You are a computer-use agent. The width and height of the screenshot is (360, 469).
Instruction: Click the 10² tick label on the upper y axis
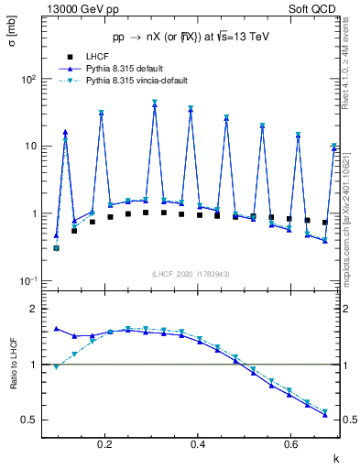click(28, 79)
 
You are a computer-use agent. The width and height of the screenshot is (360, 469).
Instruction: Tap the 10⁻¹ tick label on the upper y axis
click(28, 281)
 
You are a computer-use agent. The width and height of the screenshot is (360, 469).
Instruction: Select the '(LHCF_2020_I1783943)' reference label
click(190, 274)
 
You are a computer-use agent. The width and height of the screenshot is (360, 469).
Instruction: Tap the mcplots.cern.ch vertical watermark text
click(349, 229)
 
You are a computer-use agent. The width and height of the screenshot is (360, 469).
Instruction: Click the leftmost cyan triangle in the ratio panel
click(56, 366)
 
